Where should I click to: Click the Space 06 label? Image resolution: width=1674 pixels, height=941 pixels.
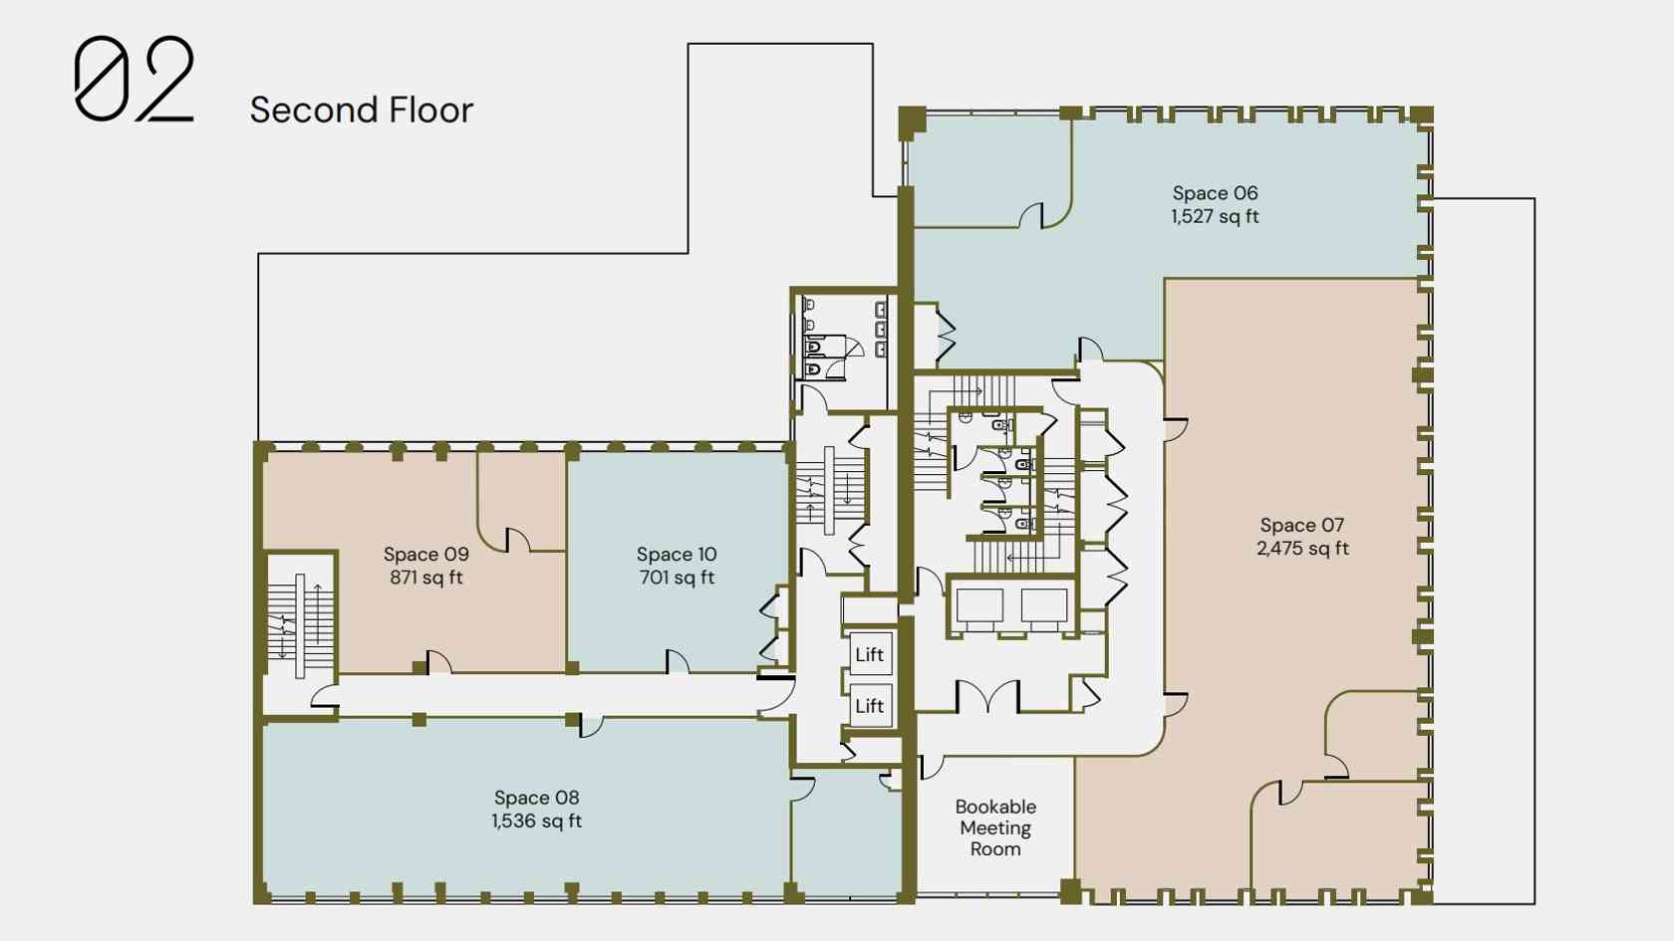click(1215, 193)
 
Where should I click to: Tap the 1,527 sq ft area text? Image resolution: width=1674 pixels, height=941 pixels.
click(1215, 217)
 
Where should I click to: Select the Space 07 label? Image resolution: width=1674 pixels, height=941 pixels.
click(1301, 525)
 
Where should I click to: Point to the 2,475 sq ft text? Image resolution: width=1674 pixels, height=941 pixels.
click(1301, 549)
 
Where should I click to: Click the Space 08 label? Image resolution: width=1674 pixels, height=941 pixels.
click(536, 798)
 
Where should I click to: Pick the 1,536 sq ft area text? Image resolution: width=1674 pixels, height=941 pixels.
click(536, 821)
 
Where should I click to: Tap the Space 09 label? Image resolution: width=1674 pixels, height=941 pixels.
click(426, 554)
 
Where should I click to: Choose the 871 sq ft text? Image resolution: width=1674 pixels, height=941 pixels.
click(426, 578)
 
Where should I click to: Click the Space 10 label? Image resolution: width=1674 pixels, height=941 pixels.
click(677, 554)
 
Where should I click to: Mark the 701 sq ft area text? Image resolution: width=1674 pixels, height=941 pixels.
click(677, 578)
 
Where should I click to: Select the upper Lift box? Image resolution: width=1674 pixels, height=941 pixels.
click(870, 654)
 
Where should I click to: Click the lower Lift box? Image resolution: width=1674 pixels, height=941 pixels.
click(870, 706)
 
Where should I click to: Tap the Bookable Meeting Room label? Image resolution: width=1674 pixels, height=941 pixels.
click(995, 827)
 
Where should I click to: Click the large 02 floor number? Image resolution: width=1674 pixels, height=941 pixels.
click(135, 79)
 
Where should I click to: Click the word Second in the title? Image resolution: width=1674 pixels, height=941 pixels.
click(315, 110)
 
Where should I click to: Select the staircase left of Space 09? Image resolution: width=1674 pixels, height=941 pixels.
click(300, 616)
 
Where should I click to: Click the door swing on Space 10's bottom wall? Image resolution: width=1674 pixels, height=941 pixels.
click(678, 661)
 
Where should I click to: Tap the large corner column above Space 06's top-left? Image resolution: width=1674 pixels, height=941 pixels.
click(912, 121)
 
